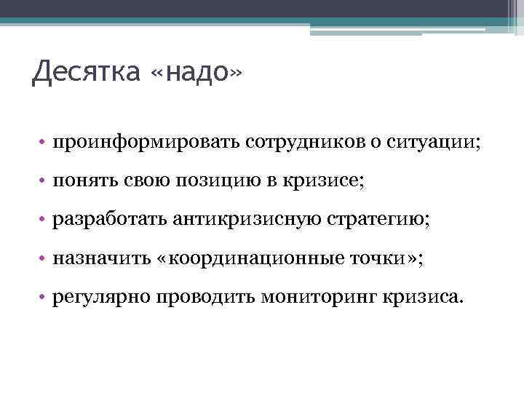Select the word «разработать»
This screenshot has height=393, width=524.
tap(108, 219)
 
